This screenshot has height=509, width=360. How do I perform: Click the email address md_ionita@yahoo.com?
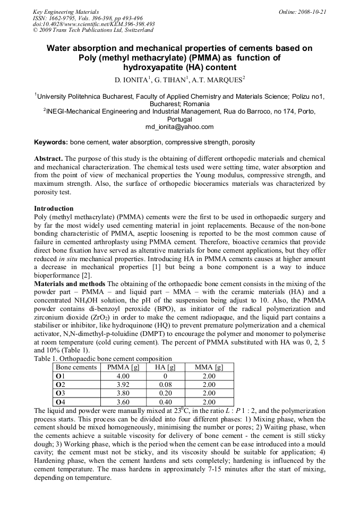pos(179,127)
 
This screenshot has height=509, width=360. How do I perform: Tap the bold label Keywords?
pos(51,142)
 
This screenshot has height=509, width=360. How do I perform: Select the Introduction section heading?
pos(54,209)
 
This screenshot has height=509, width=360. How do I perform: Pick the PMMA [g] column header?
pos(123,367)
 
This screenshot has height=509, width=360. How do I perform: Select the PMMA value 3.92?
pos(123,385)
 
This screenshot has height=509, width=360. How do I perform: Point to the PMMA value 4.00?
pos(123,376)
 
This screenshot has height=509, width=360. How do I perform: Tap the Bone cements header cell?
pos(76,367)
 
